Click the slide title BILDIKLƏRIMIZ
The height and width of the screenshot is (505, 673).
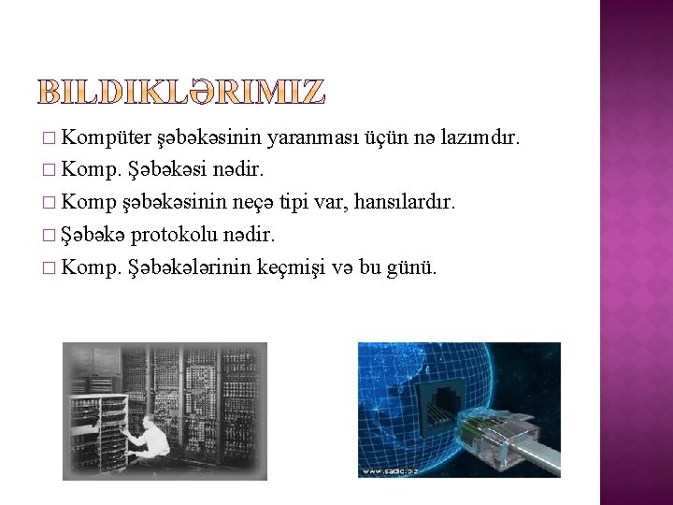[182, 92]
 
